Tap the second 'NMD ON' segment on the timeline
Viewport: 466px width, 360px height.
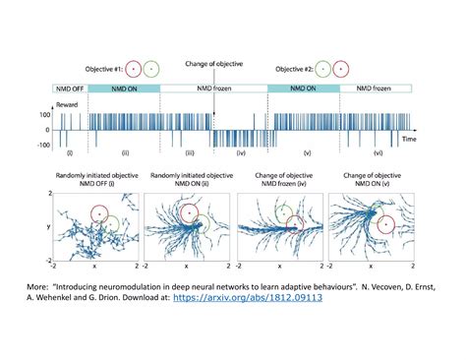click(x=303, y=88)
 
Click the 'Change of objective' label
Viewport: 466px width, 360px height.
click(x=213, y=64)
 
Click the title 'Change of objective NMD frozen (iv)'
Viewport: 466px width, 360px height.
click(x=277, y=178)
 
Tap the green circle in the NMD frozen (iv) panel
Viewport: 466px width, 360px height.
click(x=283, y=210)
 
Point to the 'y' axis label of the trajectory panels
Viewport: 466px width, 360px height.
click(x=46, y=227)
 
